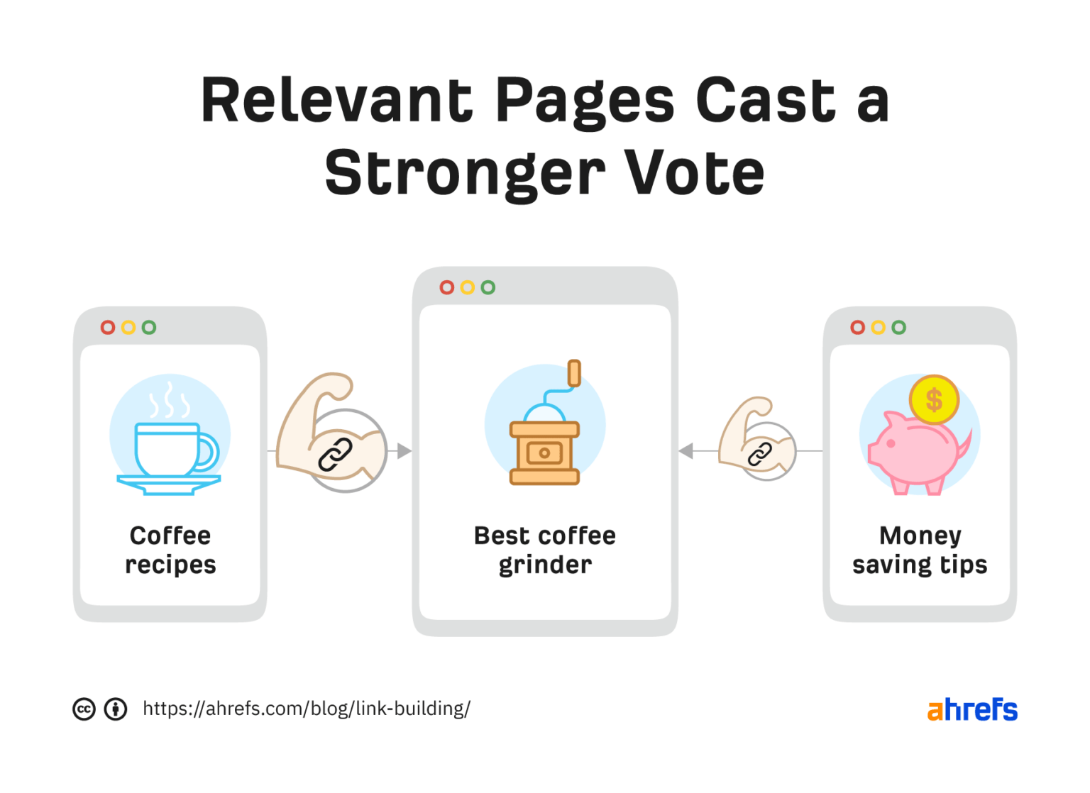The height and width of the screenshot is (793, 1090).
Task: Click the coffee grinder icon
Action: (x=545, y=433)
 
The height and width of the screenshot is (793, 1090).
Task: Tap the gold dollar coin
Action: (x=934, y=399)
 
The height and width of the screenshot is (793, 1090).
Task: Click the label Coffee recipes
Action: (x=170, y=550)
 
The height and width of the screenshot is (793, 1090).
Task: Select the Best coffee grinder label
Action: (x=545, y=550)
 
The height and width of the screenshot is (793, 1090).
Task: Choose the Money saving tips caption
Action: (x=920, y=550)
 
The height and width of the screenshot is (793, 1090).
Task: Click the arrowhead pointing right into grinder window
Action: (x=404, y=451)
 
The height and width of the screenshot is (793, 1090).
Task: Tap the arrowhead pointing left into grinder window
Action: (x=686, y=451)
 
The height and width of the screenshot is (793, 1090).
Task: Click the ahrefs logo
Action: (x=972, y=709)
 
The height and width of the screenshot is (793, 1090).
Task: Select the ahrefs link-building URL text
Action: (x=307, y=709)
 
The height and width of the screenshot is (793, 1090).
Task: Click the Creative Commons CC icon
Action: (x=84, y=709)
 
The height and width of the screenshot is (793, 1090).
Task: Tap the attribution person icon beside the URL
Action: (x=116, y=709)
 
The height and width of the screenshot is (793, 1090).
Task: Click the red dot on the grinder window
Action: (x=446, y=287)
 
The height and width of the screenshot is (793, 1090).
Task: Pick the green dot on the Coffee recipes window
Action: (x=148, y=327)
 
